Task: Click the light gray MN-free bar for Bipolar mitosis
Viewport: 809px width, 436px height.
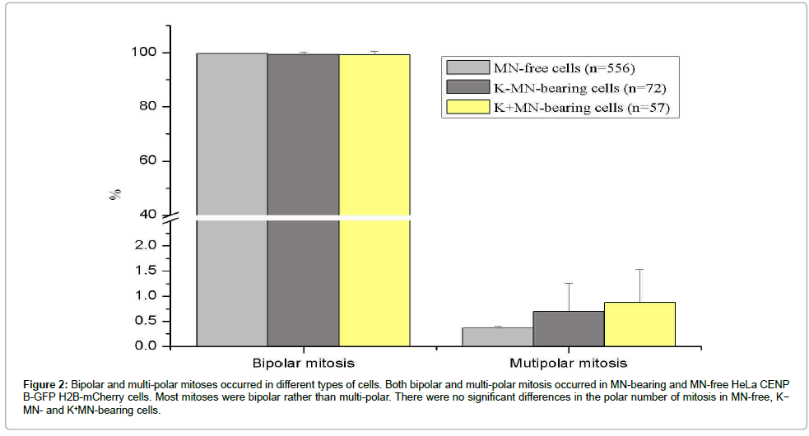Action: coord(231,197)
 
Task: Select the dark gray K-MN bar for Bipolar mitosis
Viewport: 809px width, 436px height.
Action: coord(303,197)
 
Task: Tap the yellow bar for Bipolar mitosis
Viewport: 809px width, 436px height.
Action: coord(374,197)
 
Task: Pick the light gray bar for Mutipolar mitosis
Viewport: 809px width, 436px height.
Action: coord(497,336)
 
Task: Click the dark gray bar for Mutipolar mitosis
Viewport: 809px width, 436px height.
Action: coord(569,328)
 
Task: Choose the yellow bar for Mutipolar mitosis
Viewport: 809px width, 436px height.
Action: coord(639,324)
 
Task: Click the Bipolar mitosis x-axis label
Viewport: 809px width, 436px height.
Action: coord(303,363)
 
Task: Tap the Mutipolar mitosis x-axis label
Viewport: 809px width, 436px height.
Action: coord(568,363)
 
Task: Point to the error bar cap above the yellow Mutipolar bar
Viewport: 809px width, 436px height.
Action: coord(639,269)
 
